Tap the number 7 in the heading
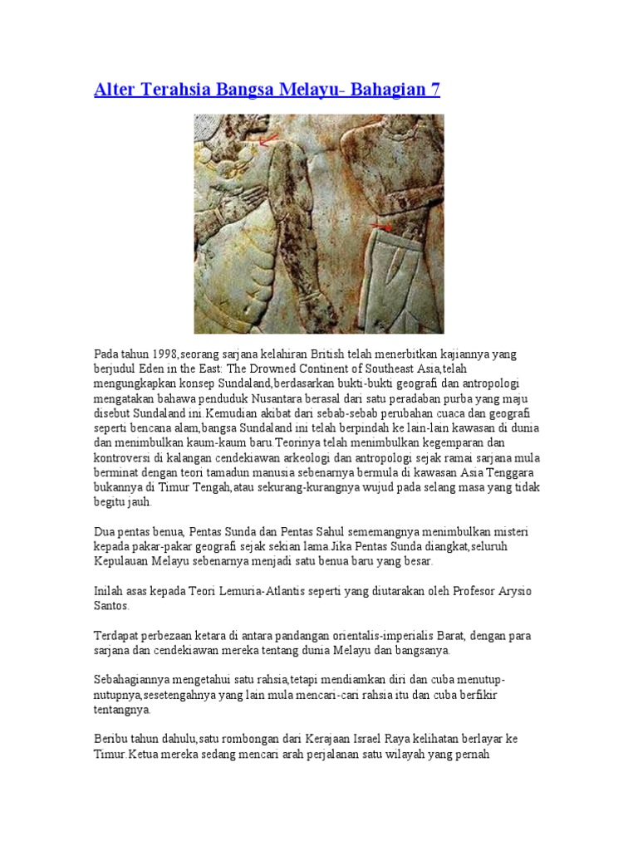pos(434,89)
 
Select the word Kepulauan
pos(123,562)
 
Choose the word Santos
pos(113,606)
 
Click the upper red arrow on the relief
pos(268,143)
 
